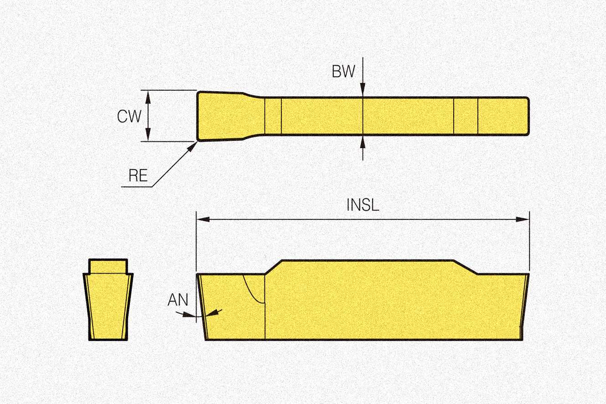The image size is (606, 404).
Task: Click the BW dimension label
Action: tap(343, 72)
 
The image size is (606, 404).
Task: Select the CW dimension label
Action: tap(129, 116)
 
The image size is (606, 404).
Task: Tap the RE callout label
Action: tap(138, 176)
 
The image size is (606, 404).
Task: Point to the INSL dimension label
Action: tap(363, 205)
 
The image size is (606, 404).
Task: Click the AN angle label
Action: tap(178, 300)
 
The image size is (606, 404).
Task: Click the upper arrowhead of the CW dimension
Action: tap(148, 97)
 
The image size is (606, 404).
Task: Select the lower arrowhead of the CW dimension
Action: tap(148, 135)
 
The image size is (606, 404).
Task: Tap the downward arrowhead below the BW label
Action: tap(363, 89)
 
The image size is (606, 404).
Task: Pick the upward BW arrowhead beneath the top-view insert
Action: tap(363, 142)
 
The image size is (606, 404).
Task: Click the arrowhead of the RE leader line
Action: tap(192, 146)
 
